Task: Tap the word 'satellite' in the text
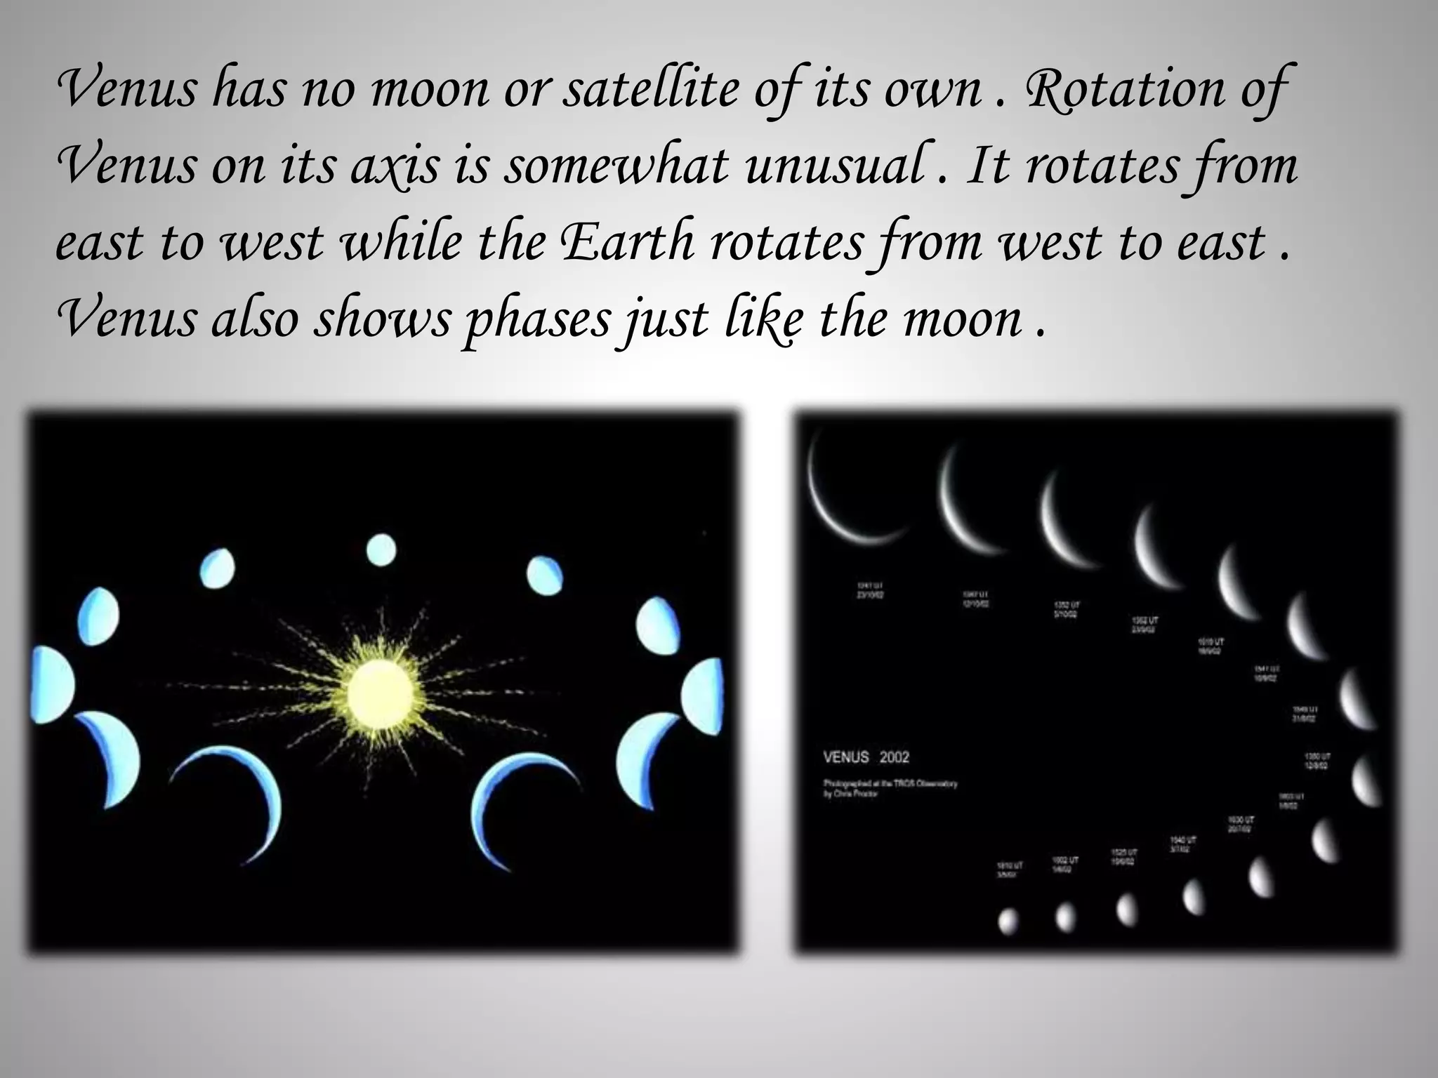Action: [649, 90]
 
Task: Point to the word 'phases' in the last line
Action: [537, 319]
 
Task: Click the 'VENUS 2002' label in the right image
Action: [866, 757]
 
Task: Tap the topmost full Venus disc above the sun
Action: [381, 550]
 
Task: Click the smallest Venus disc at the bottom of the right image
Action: [1008, 921]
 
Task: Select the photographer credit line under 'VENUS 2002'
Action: [890, 788]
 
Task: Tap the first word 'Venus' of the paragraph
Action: [126, 90]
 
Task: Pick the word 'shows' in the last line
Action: [382, 319]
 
